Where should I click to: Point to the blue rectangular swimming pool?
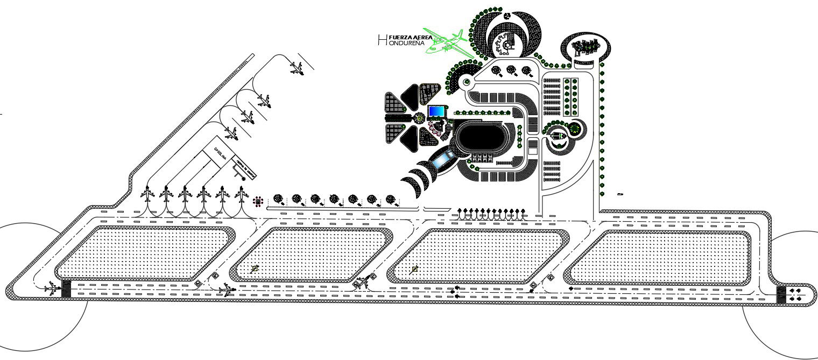(x=436, y=111)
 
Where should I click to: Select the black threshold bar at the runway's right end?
(x=781, y=294)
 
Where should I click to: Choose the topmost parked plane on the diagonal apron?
(x=295, y=68)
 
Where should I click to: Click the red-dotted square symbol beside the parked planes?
(x=259, y=201)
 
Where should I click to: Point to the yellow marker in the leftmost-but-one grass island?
(x=254, y=268)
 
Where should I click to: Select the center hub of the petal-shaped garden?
(x=419, y=116)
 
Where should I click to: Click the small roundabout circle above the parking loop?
(x=466, y=82)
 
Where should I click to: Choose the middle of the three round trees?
(x=511, y=70)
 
